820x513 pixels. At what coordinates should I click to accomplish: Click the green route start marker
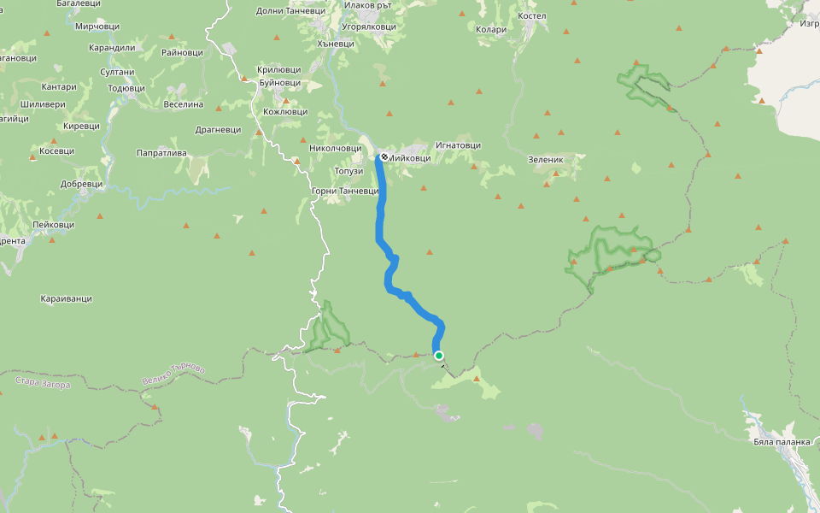click(439, 356)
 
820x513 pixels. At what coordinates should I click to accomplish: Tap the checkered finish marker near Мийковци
click(384, 157)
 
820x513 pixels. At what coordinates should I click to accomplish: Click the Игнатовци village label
click(457, 145)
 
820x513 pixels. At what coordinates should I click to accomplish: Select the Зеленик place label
click(547, 159)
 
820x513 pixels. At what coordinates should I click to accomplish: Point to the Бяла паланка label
click(781, 443)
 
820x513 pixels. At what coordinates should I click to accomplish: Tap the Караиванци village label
click(66, 299)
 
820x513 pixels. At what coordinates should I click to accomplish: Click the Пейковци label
click(53, 225)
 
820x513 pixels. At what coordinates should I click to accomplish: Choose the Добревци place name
click(81, 184)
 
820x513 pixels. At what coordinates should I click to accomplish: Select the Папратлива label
click(161, 153)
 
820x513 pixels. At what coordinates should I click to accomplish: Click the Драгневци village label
click(218, 130)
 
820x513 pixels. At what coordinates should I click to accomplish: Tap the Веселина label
click(183, 104)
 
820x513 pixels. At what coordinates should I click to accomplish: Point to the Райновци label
click(182, 52)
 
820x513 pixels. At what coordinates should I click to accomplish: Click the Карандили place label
click(112, 48)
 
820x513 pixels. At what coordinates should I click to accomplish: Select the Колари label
click(491, 30)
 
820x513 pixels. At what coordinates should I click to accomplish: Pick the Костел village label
click(531, 17)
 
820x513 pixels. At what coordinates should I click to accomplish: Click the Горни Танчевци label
click(346, 191)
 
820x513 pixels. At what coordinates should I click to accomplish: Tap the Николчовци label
click(336, 148)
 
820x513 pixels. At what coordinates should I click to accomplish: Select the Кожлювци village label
click(285, 112)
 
